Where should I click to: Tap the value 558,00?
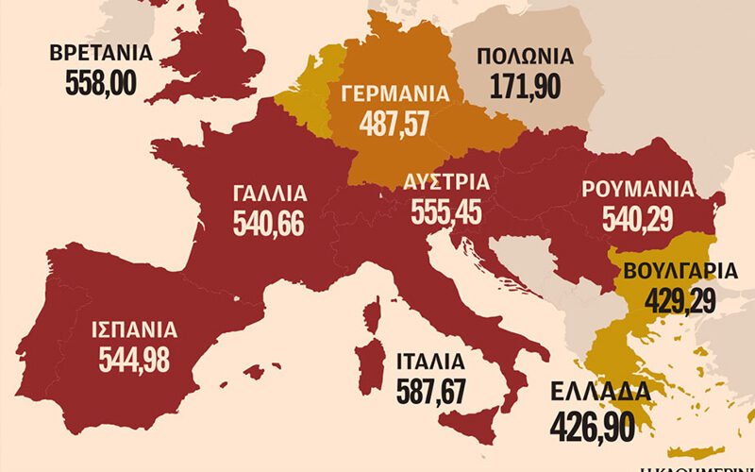click(101, 83)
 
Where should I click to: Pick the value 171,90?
click(526, 88)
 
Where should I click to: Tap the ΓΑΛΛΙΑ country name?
click(269, 194)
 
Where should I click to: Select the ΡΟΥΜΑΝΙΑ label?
click(638, 187)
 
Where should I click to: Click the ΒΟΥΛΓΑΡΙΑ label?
click(679, 271)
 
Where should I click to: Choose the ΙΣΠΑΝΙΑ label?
click(134, 330)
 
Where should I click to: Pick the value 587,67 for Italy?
click(430, 391)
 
